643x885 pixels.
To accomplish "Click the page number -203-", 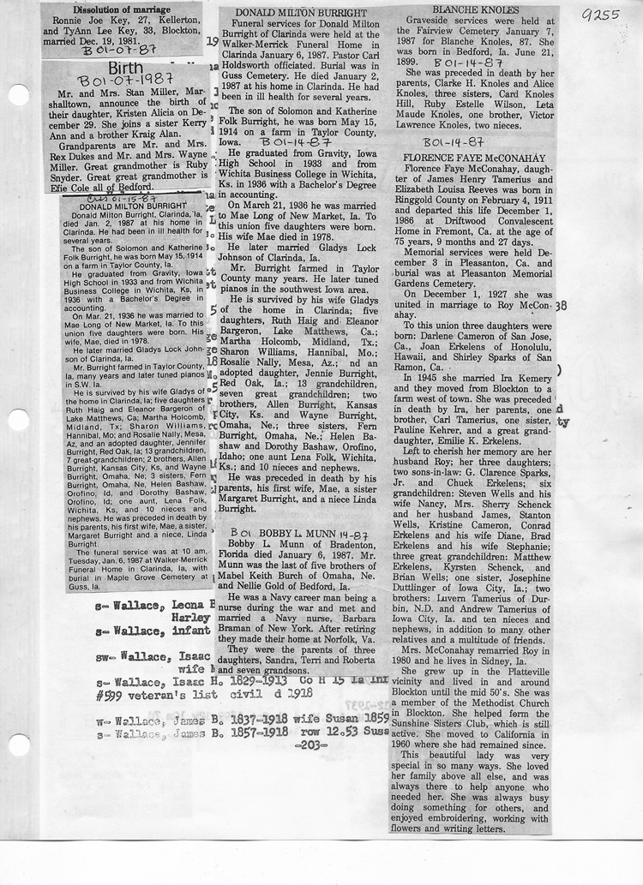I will click(305, 744).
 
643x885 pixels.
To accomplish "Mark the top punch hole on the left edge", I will click(16, 94).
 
